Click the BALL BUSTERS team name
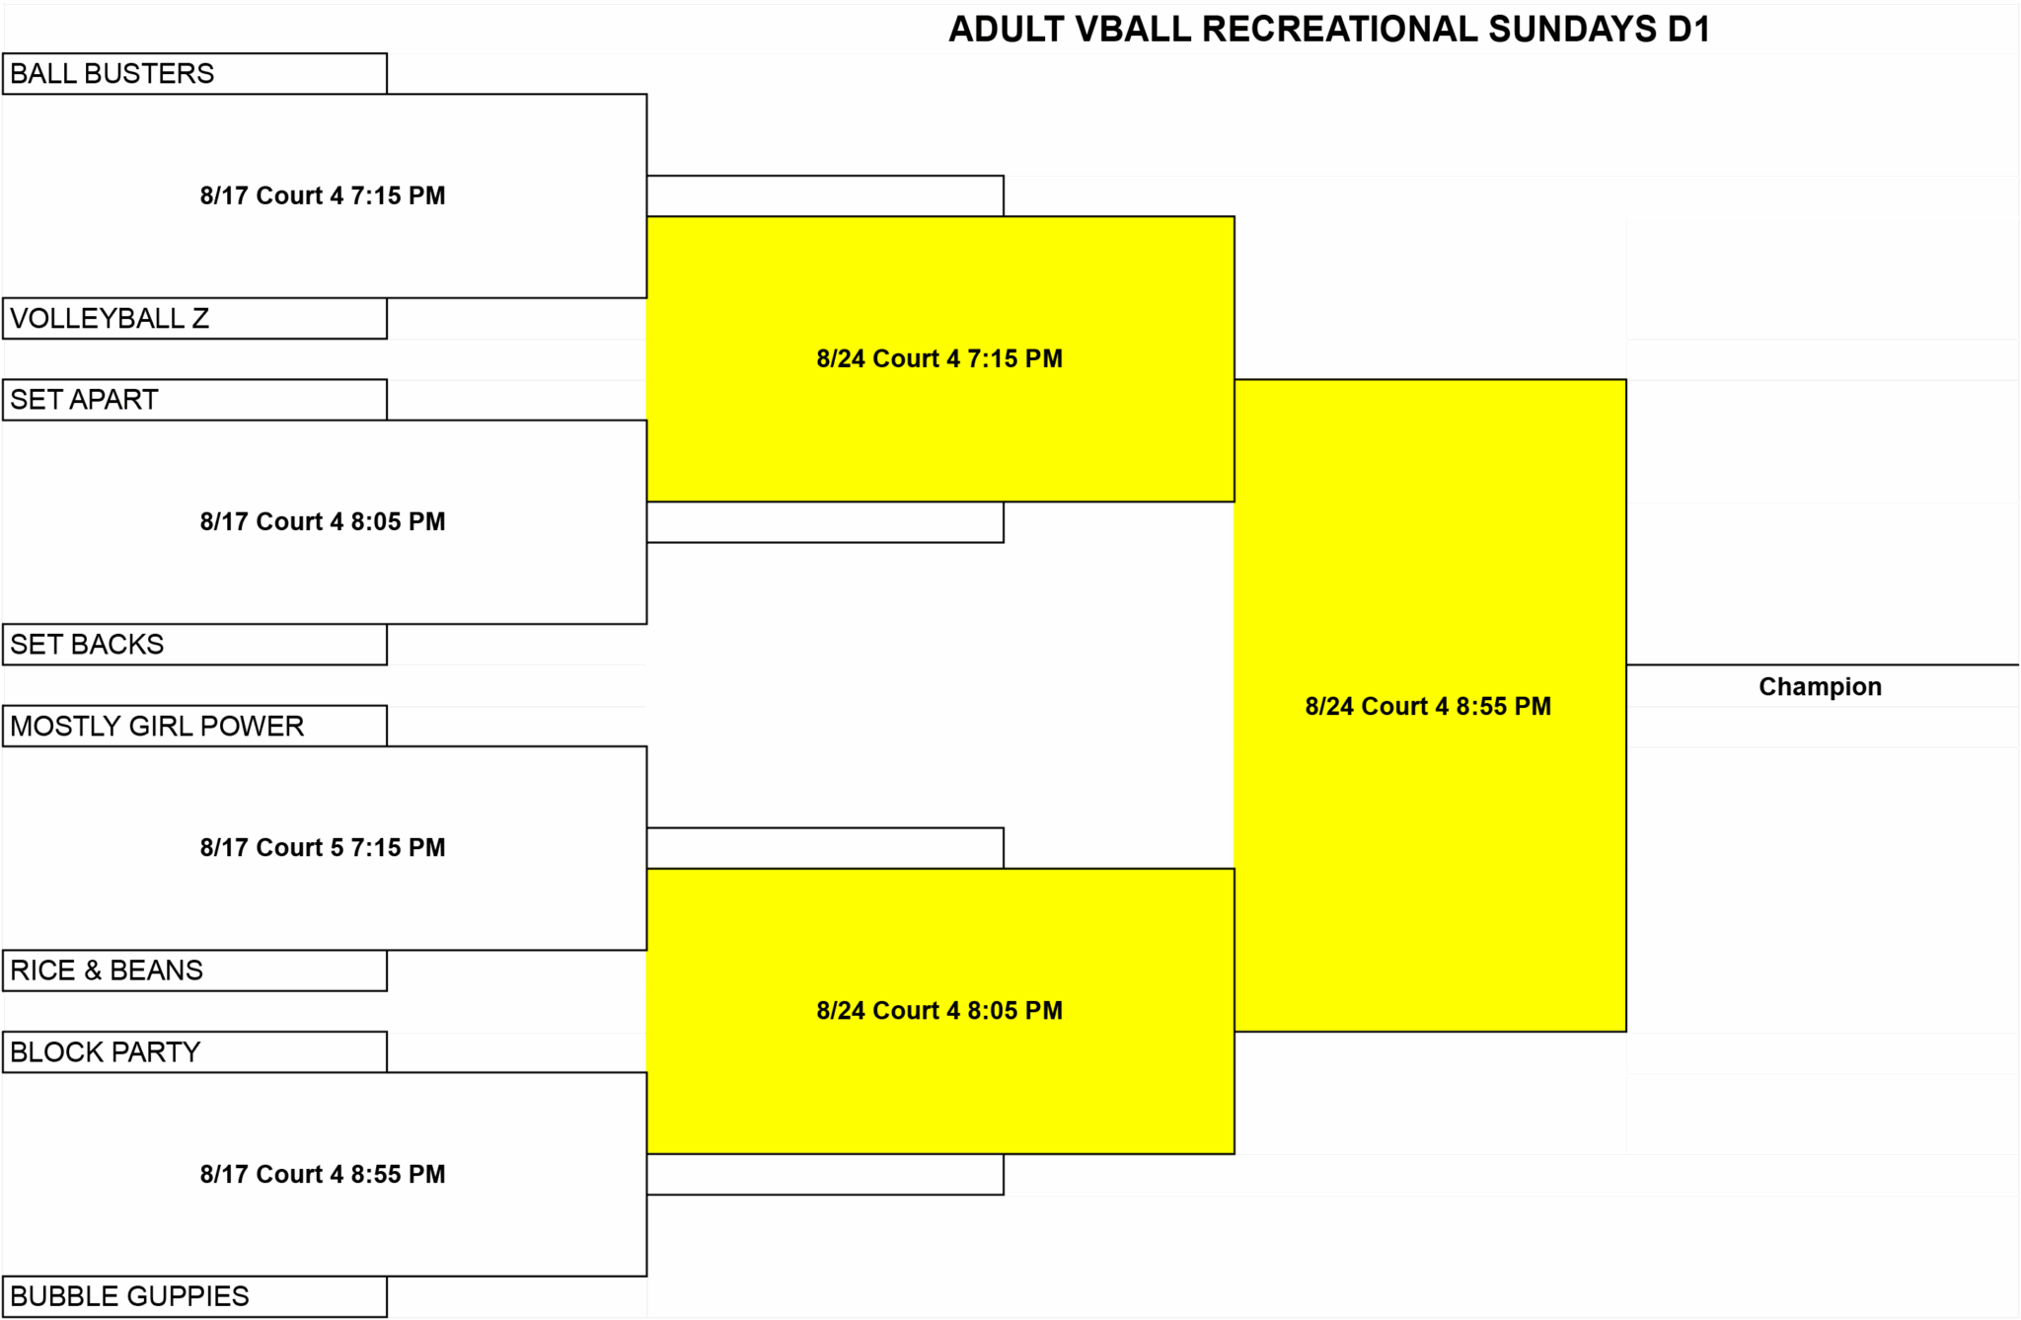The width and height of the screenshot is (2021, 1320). click(x=112, y=74)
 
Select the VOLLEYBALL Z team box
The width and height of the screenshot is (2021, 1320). click(x=194, y=319)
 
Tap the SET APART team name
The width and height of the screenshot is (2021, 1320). click(x=84, y=400)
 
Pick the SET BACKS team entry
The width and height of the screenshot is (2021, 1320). click(x=194, y=645)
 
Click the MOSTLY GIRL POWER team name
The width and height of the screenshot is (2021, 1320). click(x=157, y=727)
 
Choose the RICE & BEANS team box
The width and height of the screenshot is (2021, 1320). click(x=194, y=971)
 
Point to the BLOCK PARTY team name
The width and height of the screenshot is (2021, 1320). click(x=106, y=1052)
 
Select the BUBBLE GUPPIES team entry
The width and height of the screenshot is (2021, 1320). click(x=194, y=1296)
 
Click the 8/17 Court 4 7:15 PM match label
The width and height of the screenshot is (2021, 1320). click(x=323, y=195)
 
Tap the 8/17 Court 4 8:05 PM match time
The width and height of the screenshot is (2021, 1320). click(x=323, y=521)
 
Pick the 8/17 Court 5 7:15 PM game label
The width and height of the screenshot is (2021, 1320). click(x=323, y=847)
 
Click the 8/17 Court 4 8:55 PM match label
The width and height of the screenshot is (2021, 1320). click(x=323, y=1174)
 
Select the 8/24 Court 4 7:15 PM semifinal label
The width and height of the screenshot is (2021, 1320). click(x=939, y=358)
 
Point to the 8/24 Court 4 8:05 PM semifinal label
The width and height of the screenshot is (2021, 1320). click(x=939, y=1010)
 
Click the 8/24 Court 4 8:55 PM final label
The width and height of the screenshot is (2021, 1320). click(x=1428, y=706)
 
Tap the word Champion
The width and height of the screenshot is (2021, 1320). click(x=1820, y=686)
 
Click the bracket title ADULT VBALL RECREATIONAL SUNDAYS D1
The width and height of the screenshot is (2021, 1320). click(x=1329, y=30)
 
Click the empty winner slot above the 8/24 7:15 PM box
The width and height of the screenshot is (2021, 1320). click(x=825, y=195)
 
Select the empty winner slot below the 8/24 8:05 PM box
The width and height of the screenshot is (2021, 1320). click(x=825, y=1174)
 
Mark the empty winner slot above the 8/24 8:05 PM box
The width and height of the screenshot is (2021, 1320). click(x=825, y=848)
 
